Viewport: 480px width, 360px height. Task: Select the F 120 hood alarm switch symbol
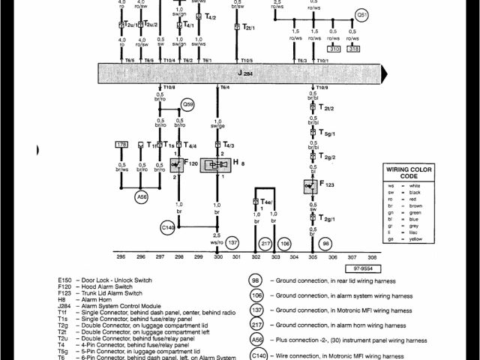pyautogui.click(x=178, y=163)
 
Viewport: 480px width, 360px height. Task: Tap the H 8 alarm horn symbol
pyautogui.click(x=217, y=163)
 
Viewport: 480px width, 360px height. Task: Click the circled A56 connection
pyautogui.click(x=141, y=197)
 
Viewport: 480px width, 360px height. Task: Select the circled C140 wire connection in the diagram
pyautogui.click(x=169, y=226)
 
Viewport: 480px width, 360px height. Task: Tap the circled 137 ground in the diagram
pyautogui.click(x=232, y=243)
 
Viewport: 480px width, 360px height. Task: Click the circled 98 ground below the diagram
pyautogui.click(x=325, y=243)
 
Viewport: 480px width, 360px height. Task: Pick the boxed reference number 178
pyautogui.click(x=120, y=144)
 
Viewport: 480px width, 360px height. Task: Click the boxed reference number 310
pyautogui.click(x=334, y=49)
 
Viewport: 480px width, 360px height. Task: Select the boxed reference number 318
pyautogui.click(x=354, y=49)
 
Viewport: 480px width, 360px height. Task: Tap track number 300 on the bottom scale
pyautogui.click(x=218, y=256)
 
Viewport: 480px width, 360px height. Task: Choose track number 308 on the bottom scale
pyautogui.click(x=372, y=256)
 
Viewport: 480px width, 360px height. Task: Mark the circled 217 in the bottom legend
pyautogui.click(x=256, y=325)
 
